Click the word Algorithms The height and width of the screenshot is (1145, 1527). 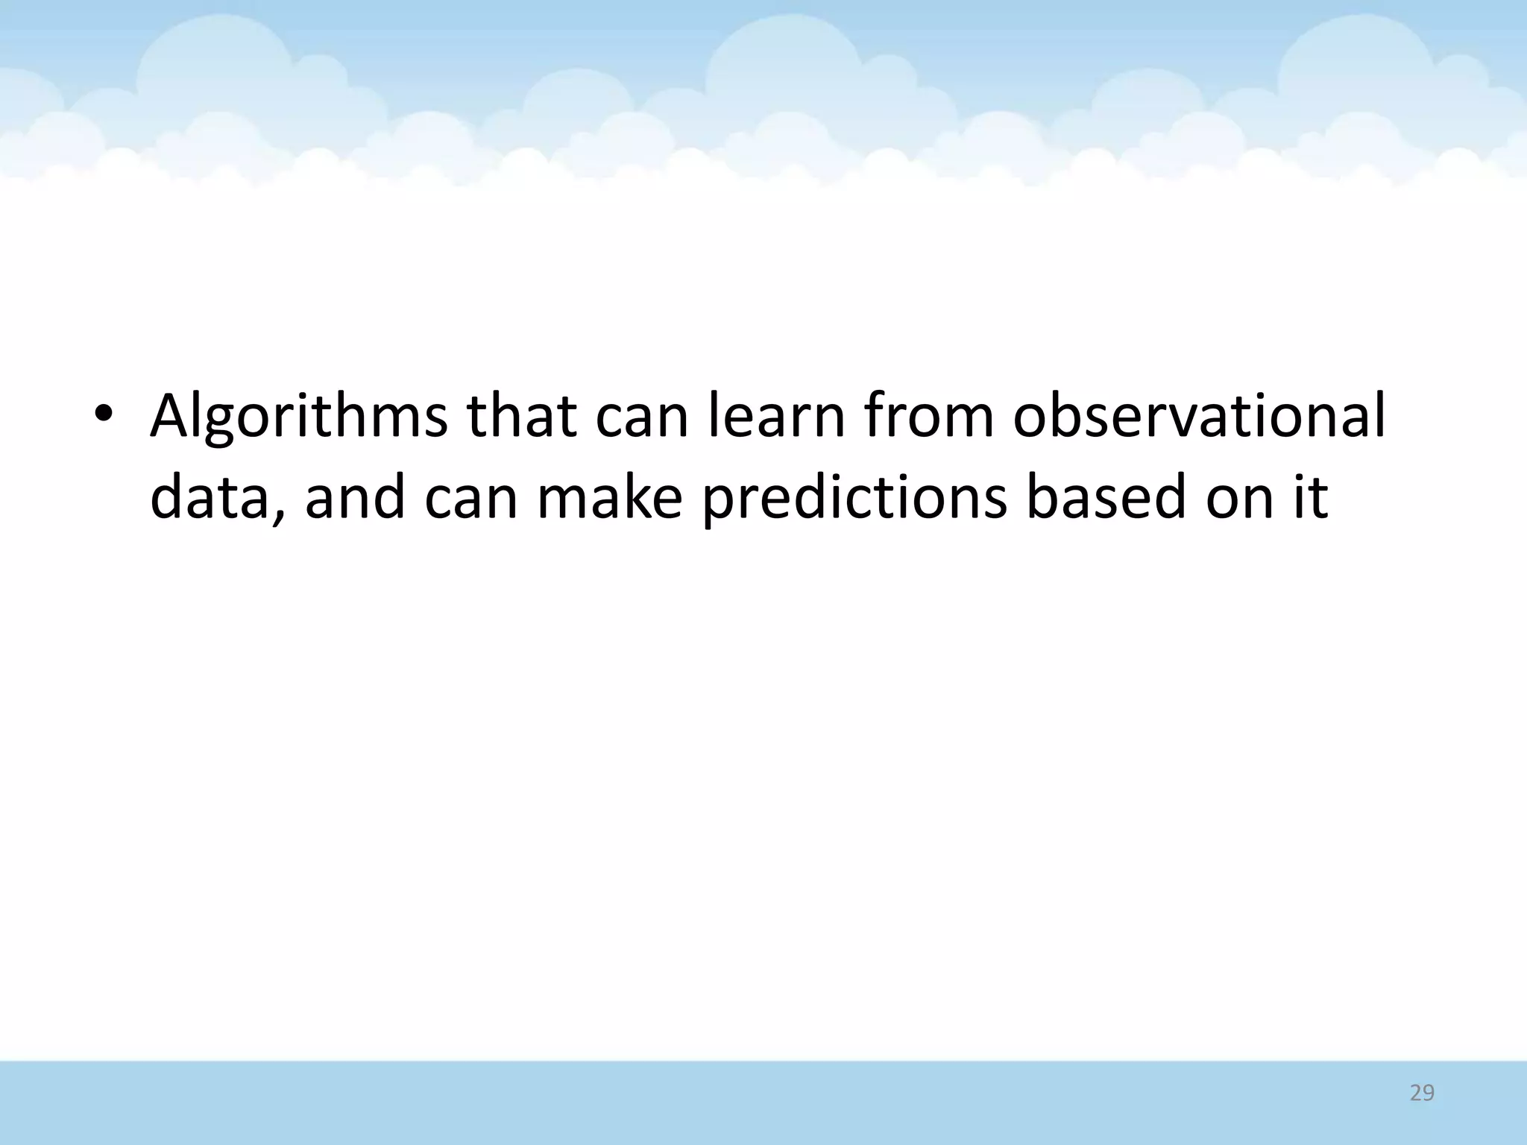point(298,418)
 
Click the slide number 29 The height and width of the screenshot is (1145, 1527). point(1422,1093)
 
